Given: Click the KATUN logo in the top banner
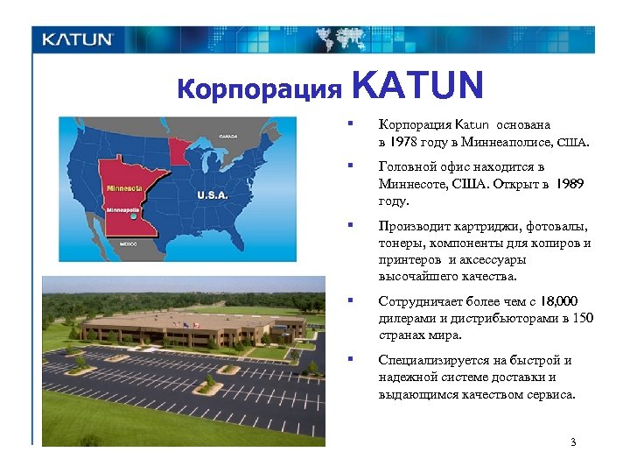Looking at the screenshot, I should (x=78, y=39).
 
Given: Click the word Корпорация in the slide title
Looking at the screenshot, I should (x=259, y=89).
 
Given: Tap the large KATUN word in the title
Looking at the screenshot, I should (x=417, y=86).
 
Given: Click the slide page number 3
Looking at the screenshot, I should (x=573, y=441).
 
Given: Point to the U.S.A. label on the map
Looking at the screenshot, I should (x=213, y=194).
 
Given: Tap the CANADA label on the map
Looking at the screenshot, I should (x=228, y=137).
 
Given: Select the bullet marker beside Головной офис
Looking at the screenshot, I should (x=349, y=166).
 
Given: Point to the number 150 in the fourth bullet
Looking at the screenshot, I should (x=584, y=318).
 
